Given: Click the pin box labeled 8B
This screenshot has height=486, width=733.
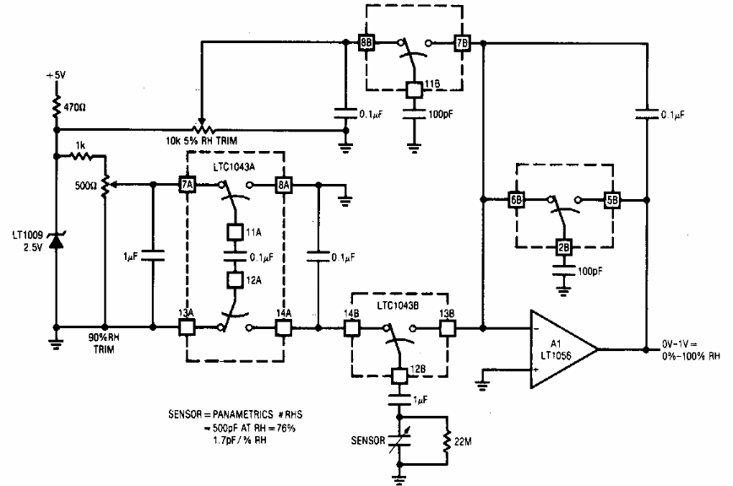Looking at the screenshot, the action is (x=366, y=43).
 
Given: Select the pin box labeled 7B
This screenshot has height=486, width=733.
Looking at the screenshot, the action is (x=462, y=43).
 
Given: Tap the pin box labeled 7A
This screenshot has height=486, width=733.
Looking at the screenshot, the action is (x=187, y=185).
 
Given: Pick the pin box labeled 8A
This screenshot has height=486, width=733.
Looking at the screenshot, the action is (x=284, y=185).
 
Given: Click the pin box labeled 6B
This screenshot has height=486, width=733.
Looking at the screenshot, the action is (x=516, y=200).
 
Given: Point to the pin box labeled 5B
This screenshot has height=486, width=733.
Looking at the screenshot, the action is (x=612, y=200).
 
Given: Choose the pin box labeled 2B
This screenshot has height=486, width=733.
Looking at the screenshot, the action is (x=564, y=247).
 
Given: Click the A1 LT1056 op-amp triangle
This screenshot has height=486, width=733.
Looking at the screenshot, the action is (x=563, y=348).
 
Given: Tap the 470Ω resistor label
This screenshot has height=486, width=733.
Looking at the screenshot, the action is (x=74, y=107).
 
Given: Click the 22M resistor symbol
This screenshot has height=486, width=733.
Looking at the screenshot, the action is (x=448, y=440).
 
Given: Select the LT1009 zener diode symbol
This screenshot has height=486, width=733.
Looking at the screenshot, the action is (x=57, y=241).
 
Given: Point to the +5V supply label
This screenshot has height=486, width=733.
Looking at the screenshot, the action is (x=56, y=75).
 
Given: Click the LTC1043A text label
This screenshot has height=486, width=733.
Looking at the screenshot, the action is (x=234, y=167).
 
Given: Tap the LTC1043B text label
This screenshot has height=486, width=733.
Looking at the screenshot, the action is (x=398, y=305).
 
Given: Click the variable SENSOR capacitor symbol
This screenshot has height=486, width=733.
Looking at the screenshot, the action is (x=399, y=440).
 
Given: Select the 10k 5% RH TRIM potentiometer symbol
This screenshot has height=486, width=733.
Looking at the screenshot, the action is (x=202, y=128).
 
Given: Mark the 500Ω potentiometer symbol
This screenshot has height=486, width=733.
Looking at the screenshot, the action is (x=106, y=185).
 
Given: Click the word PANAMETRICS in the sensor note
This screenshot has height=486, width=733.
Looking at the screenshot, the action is (x=242, y=414).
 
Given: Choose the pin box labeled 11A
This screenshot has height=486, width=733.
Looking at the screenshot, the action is (x=235, y=232).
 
